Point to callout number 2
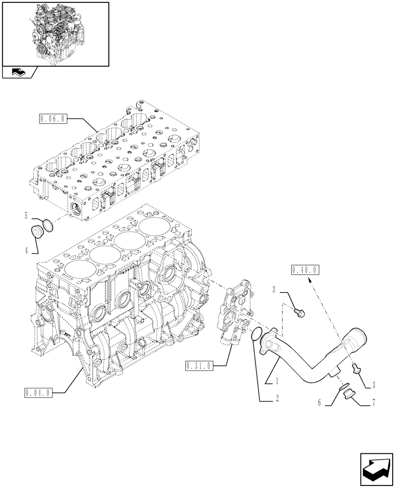click(277, 399)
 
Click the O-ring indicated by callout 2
click(255, 335)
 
